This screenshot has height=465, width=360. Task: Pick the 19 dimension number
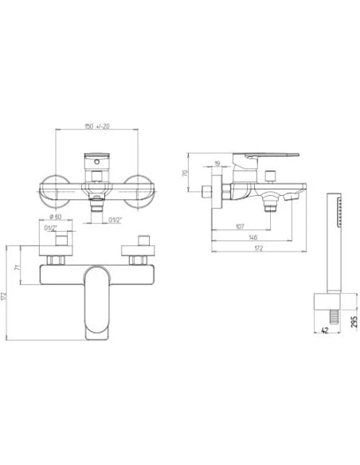(217, 166)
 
